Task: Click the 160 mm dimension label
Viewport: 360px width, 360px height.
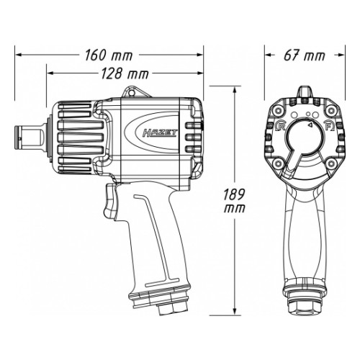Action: (x=109, y=55)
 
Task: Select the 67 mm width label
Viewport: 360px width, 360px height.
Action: (x=305, y=55)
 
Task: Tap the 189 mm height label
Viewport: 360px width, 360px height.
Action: (x=234, y=201)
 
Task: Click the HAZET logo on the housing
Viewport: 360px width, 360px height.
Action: (x=159, y=132)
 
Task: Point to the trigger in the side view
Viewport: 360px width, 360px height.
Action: (x=109, y=201)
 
